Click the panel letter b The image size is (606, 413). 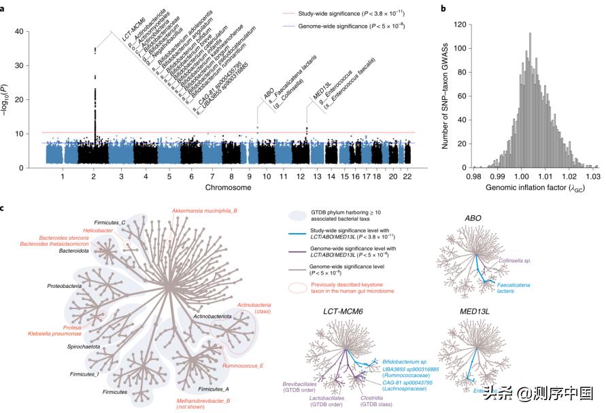[x=443, y=8]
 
